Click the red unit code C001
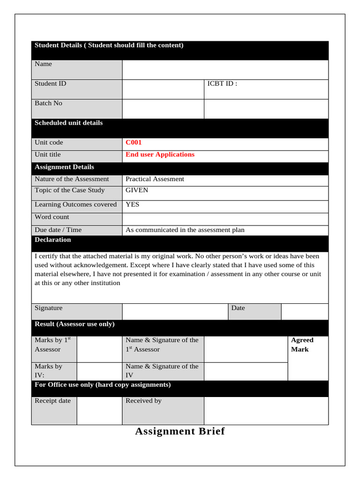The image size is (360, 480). point(134,142)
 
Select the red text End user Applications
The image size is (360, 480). point(160,155)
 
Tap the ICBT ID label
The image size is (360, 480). point(222,84)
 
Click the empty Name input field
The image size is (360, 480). point(225,70)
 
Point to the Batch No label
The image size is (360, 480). point(48,103)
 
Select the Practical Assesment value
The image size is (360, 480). point(155,179)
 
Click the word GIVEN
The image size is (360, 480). point(137,190)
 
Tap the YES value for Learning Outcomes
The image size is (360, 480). point(132,204)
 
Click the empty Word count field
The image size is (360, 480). point(225,219)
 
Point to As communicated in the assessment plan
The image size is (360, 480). point(185,230)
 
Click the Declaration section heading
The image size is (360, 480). point(53,240)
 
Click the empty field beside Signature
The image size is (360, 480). point(175,311)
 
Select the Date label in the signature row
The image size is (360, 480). point(238,308)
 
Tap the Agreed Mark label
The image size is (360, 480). point(302,345)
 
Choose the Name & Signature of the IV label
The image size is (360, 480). point(162,371)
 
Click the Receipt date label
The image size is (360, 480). point(52,401)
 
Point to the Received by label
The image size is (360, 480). point(143,401)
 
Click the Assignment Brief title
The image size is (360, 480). point(180,431)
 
